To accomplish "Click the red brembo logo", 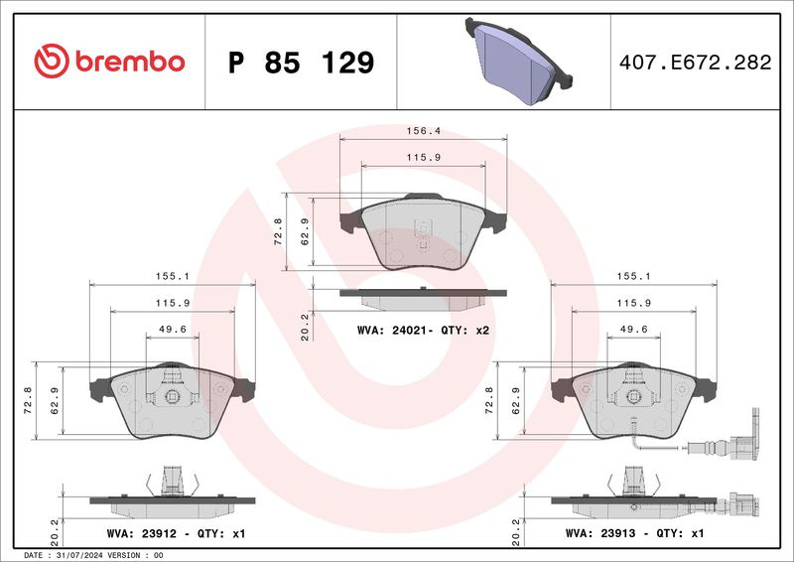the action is [109, 62].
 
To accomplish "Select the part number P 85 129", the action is [301, 63].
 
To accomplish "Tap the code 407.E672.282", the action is [696, 63].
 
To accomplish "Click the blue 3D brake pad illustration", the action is [519, 61].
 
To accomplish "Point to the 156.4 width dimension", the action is [424, 131].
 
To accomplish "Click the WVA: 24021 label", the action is [393, 331].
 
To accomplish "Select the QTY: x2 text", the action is [464, 331].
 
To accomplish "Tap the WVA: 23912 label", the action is [142, 533].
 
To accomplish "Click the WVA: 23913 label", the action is [600, 533].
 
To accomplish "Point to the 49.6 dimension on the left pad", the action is [172, 329].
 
